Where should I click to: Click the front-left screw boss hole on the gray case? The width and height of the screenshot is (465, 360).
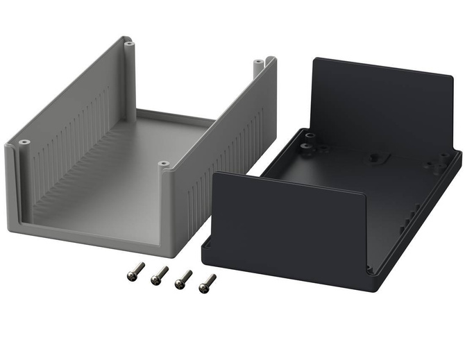23,143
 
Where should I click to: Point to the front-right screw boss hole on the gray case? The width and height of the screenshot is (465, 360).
163,164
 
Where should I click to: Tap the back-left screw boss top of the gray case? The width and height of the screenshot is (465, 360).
128,44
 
